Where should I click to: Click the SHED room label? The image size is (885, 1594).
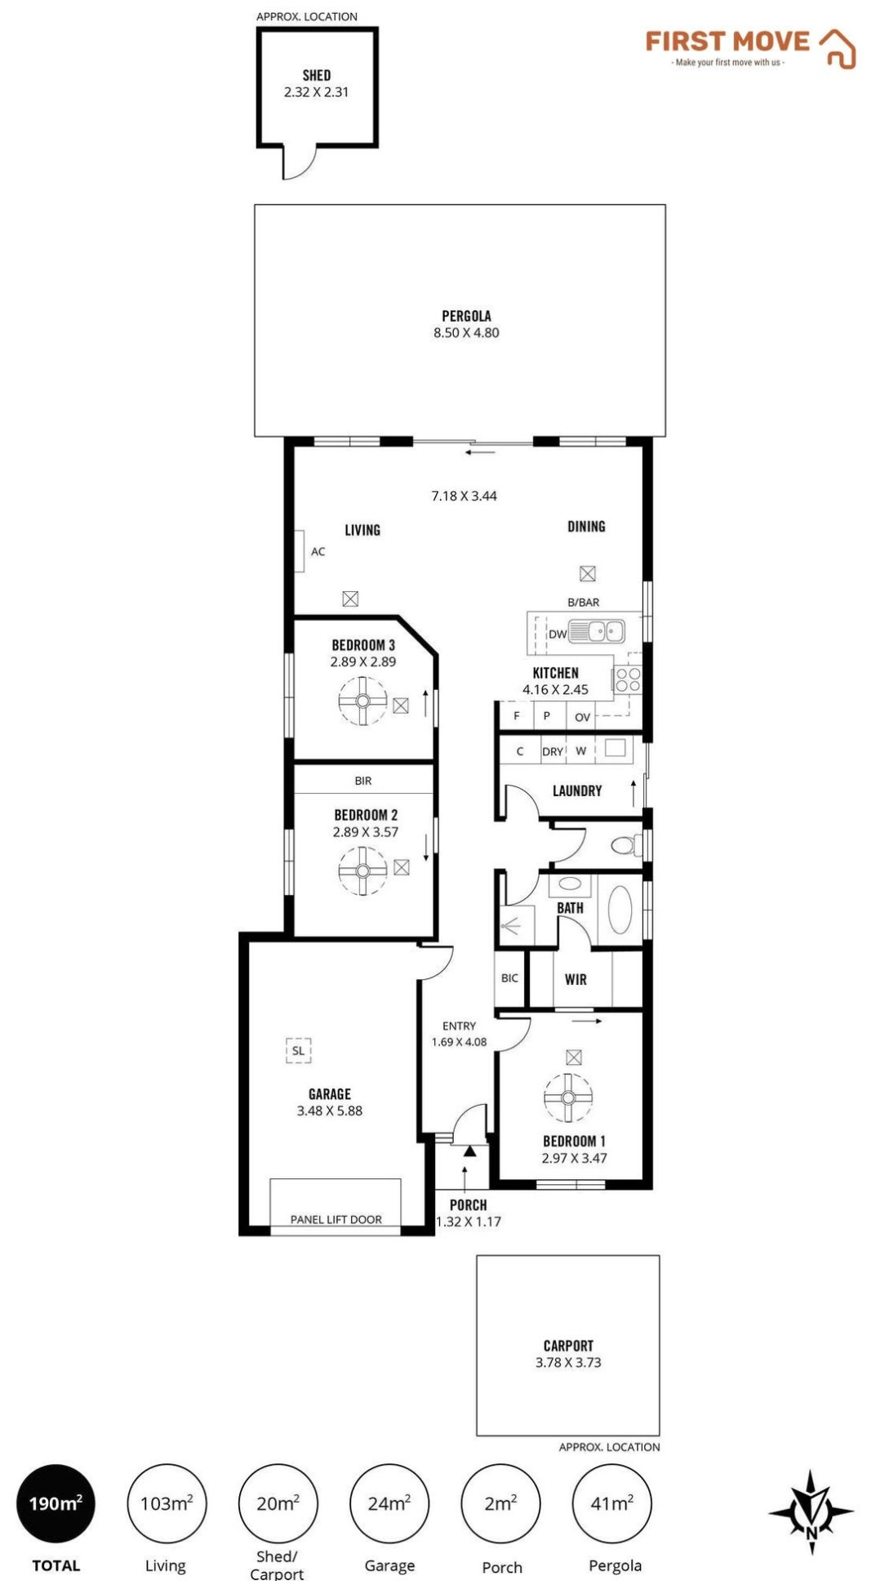(x=317, y=75)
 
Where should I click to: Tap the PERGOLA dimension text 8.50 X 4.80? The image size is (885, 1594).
(x=466, y=332)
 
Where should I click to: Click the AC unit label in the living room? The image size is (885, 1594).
(x=318, y=552)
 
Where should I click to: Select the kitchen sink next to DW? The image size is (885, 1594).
(x=596, y=631)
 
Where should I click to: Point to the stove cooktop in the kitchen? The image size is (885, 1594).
(x=628, y=680)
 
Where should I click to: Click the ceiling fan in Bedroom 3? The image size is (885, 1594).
(x=363, y=701)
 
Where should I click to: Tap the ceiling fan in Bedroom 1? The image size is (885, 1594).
(x=568, y=1097)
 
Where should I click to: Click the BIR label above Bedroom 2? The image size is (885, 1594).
(x=363, y=781)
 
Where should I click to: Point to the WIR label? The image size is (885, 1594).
(x=576, y=979)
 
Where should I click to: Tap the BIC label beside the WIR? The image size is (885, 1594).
(x=509, y=978)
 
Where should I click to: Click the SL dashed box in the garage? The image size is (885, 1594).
(x=298, y=1050)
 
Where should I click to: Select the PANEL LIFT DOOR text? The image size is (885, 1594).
(x=336, y=1219)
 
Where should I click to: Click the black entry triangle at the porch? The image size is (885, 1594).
(x=469, y=1151)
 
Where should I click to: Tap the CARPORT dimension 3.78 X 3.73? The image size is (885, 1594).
(x=568, y=1362)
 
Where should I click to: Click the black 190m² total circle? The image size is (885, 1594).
(x=56, y=1503)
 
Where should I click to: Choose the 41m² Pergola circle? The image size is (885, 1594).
(x=612, y=1503)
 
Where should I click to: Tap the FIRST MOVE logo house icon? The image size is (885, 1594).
(x=838, y=48)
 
